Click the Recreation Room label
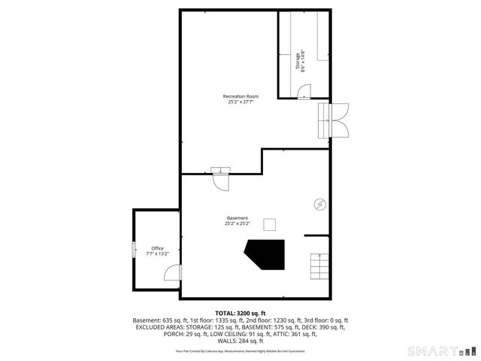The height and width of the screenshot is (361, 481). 240,96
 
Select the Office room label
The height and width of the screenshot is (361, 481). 157,248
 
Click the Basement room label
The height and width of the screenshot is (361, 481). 237,218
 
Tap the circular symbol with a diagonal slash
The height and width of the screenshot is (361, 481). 319,204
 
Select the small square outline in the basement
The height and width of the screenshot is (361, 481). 269,224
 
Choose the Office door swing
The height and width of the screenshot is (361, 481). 172,273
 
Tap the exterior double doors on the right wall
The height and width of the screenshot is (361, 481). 340,119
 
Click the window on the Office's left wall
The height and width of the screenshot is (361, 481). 135,250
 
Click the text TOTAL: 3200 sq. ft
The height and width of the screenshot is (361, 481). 240,313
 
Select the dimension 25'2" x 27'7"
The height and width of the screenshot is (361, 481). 240,102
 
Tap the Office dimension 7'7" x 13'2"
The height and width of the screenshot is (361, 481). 157,254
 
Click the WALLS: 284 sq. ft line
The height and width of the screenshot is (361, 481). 240,341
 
